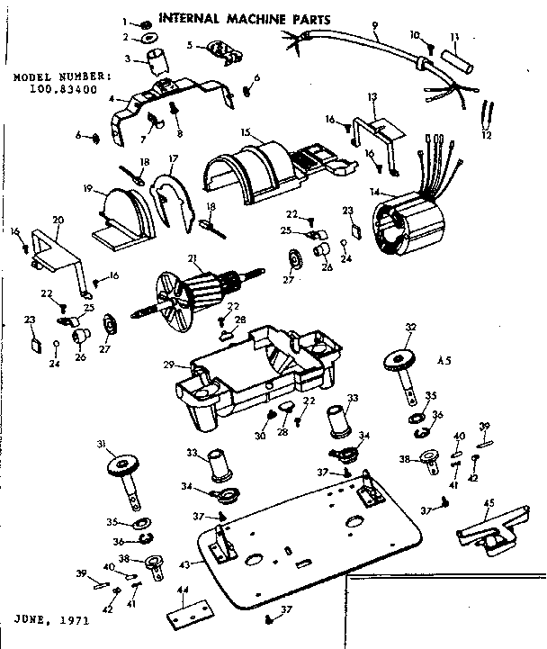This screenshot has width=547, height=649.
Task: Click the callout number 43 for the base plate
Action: click(185, 563)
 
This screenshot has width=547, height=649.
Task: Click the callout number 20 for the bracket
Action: click(58, 220)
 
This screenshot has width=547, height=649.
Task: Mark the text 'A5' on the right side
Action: click(443, 362)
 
